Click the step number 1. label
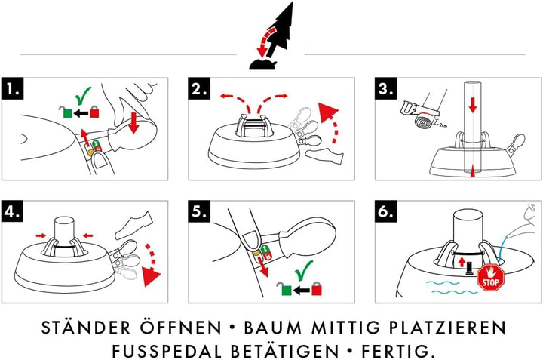coord(14,89)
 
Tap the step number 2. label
coord(200,89)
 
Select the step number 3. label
coord(387,89)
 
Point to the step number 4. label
coord(14,213)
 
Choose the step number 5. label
coord(200,213)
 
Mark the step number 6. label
coord(387,213)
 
